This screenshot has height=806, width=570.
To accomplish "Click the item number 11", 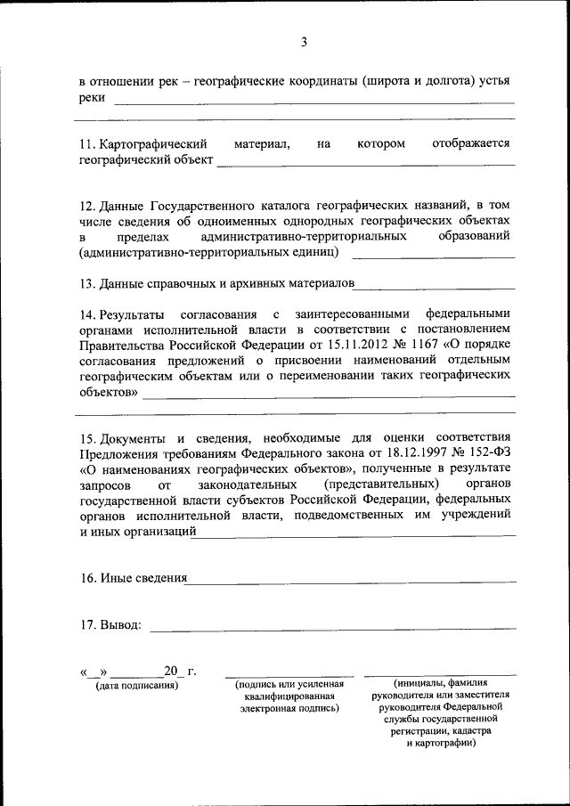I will (87, 143).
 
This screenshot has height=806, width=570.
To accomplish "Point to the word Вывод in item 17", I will (119, 624).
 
